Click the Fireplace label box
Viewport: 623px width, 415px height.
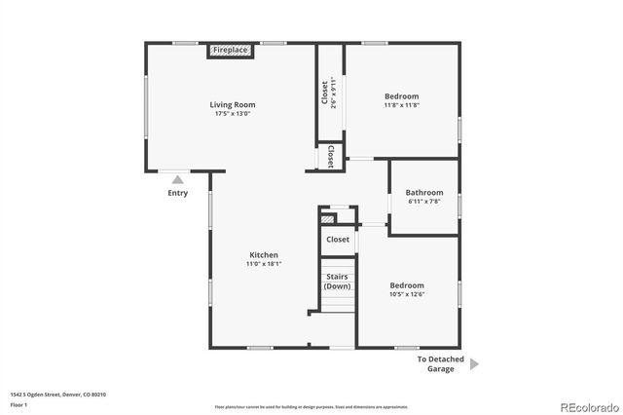231,50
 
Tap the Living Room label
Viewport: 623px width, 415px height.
233,104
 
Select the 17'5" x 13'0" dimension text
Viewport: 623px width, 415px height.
233,114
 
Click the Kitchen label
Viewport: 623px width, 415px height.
263,255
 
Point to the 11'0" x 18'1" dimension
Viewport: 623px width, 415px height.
263,265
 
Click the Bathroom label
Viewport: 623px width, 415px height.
424,193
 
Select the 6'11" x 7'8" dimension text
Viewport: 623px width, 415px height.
424,203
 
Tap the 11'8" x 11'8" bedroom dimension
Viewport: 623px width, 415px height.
401,106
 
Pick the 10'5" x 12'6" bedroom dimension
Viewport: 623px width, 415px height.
406,295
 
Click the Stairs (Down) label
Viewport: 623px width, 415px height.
338,282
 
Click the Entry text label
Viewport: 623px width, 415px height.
177,193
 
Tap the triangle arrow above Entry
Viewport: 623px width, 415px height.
177,180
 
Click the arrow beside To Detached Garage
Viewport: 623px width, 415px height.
474,363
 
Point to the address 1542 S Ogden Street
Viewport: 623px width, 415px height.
57,395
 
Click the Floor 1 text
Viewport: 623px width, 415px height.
18,404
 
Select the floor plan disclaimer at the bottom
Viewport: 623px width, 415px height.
312,406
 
